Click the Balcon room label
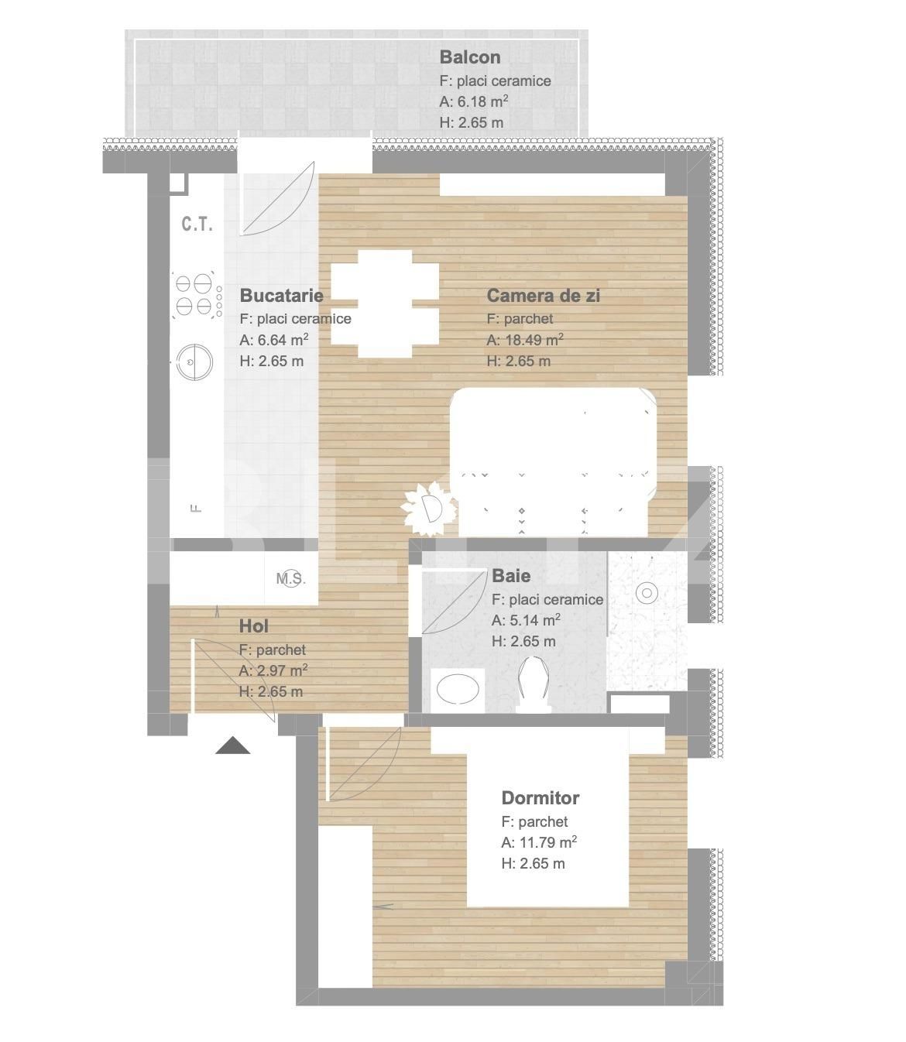click(469, 57)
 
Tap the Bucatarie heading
click(281, 296)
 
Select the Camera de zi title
click(543, 296)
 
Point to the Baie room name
click(511, 575)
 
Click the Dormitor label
click(540, 797)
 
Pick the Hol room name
click(254, 626)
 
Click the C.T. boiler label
click(197, 224)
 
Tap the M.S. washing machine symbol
click(291, 578)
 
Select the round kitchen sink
click(194, 362)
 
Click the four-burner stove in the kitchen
click(197, 296)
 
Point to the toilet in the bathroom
click(534, 684)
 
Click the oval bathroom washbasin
click(458, 688)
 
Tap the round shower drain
click(647, 593)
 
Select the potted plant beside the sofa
click(429, 509)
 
